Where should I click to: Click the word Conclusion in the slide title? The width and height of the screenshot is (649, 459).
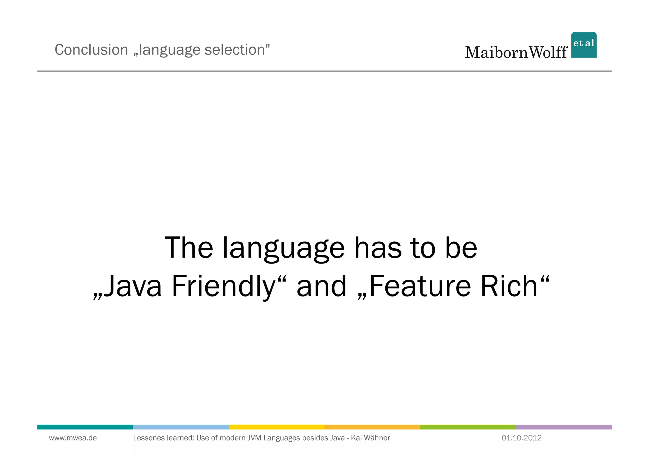point(91,50)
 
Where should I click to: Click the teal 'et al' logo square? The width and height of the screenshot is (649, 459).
point(584,45)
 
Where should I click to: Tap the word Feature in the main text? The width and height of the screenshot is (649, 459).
point(420,286)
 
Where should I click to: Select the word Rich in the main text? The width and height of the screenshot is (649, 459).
point(509,286)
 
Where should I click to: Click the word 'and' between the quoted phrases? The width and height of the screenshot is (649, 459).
point(321,286)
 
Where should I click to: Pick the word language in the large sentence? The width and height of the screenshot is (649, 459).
point(283,248)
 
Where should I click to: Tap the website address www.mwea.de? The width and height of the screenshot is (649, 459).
point(73,438)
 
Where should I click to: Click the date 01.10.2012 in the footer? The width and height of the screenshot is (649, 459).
point(521,438)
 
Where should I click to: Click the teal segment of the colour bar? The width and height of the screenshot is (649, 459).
point(85,427)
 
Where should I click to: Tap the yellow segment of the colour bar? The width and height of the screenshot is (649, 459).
point(276,427)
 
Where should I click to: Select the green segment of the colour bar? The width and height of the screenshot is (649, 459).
point(468,427)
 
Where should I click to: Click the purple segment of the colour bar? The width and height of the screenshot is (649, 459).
point(563,427)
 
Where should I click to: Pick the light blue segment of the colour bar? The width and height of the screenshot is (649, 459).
point(181,427)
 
